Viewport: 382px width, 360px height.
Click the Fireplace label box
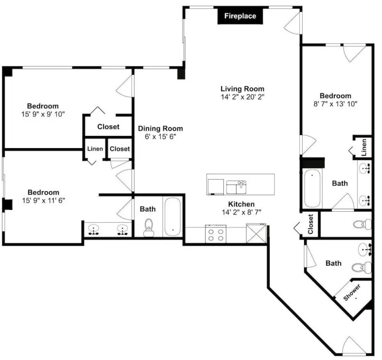click(240, 16)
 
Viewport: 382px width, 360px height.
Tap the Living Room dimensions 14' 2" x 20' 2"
click(243, 97)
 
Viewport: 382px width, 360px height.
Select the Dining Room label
click(160, 128)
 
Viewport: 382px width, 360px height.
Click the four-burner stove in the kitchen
click(215, 234)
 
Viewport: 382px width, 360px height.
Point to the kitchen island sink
click(236, 187)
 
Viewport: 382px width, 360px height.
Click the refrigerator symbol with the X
click(256, 233)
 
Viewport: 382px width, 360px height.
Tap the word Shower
click(351, 292)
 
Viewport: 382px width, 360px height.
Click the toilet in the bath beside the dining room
click(149, 228)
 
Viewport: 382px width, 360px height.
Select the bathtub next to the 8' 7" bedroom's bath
click(312, 188)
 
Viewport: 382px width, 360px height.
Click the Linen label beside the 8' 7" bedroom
click(364, 147)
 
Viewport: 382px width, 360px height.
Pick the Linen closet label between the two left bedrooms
click(95, 149)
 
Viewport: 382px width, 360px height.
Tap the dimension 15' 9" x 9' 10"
click(43, 114)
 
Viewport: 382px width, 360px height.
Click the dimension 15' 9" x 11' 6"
click(44, 200)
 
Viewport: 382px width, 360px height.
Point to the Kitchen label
click(241, 204)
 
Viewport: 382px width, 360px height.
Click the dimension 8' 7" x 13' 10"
click(335, 104)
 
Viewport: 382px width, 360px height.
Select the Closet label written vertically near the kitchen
click(310, 224)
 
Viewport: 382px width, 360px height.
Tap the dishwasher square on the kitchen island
click(215, 187)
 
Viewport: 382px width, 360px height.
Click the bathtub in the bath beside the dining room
click(173, 217)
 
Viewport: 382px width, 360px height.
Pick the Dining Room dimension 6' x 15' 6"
click(160, 136)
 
